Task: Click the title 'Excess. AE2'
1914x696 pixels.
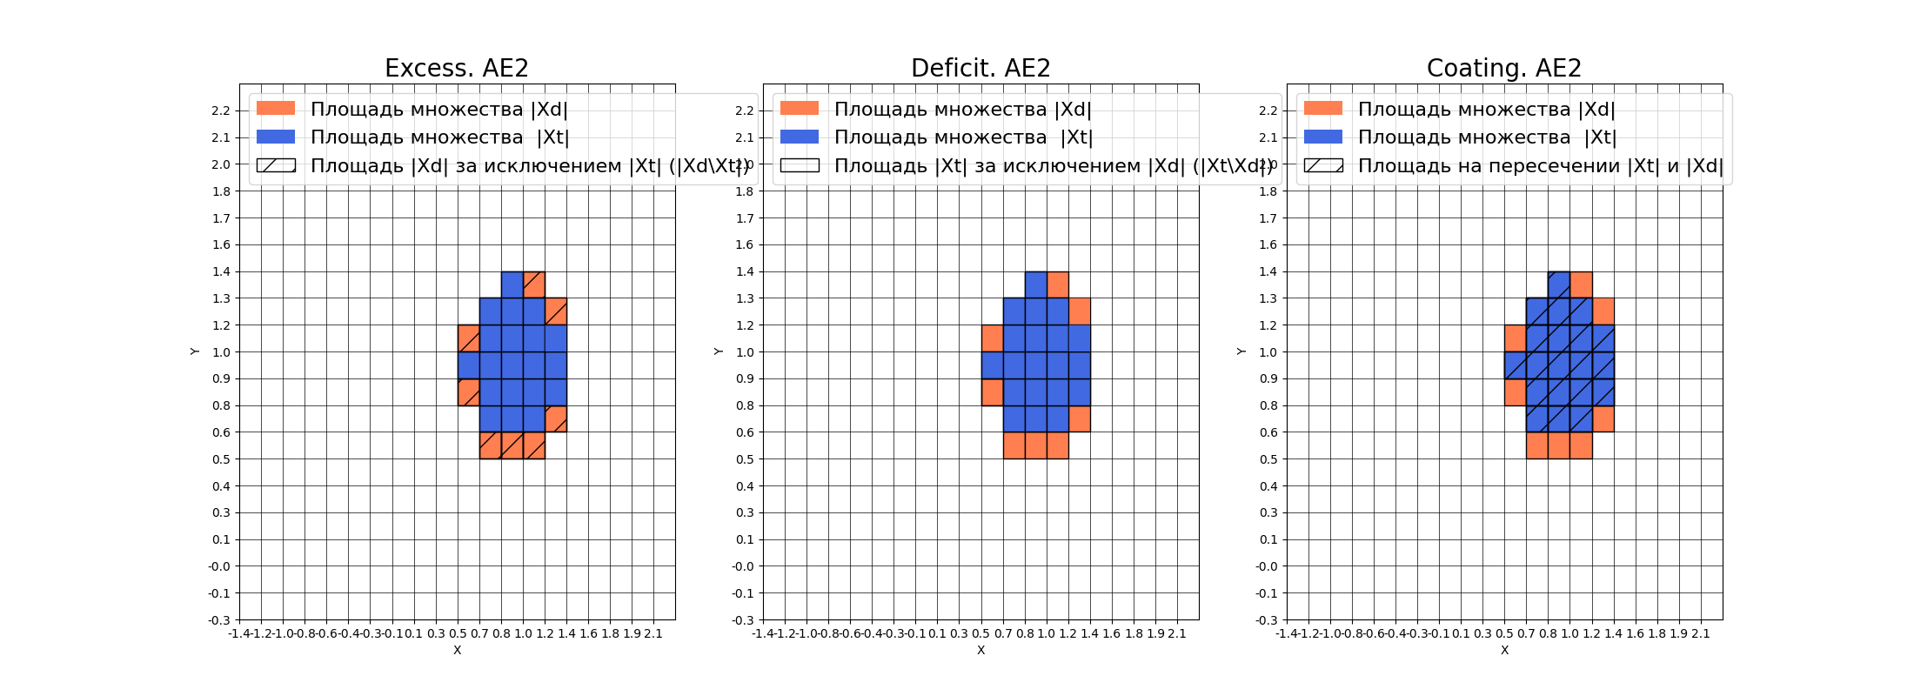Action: click(x=457, y=68)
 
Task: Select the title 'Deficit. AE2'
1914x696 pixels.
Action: click(x=980, y=68)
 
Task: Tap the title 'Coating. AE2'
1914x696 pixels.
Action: click(x=1503, y=68)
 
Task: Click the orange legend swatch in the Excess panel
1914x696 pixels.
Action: click(x=276, y=109)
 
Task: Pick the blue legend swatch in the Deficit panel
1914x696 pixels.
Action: click(x=800, y=137)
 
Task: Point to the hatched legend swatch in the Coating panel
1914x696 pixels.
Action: click(x=1323, y=165)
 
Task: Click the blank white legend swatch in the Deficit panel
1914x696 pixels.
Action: click(x=800, y=165)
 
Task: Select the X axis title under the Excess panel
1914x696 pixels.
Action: click(x=457, y=650)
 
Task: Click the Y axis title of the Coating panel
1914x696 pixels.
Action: click(x=1241, y=351)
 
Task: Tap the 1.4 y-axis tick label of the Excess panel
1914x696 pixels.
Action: click(x=221, y=271)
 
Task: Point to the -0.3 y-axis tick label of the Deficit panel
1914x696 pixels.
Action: click(x=743, y=620)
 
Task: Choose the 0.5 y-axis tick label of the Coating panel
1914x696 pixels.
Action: click(x=1268, y=459)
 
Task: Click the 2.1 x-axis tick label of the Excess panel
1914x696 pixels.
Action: click(x=653, y=633)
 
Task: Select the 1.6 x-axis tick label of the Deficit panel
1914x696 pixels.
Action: click(x=1112, y=633)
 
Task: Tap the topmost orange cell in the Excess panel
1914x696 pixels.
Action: click(x=534, y=284)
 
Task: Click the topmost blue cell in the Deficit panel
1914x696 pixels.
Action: click(x=1035, y=284)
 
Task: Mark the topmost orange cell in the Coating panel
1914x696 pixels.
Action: click(x=1582, y=284)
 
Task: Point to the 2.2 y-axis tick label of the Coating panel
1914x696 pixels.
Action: click(x=1268, y=110)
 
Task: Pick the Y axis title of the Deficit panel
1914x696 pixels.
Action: click(x=718, y=351)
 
